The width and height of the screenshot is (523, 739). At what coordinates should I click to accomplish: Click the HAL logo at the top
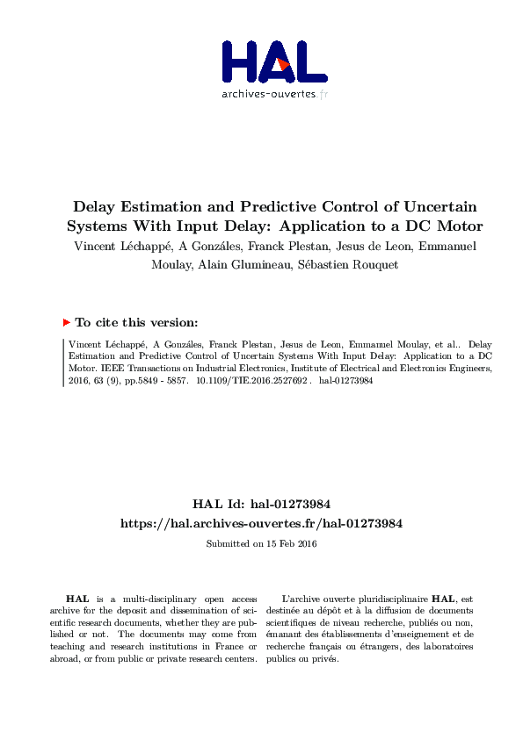tap(274, 61)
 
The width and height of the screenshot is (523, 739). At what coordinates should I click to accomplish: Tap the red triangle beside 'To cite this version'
tap(67, 322)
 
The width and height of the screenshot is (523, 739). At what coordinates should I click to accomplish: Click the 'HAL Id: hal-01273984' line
tap(261, 504)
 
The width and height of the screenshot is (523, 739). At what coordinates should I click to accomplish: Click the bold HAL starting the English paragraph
tap(76, 598)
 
